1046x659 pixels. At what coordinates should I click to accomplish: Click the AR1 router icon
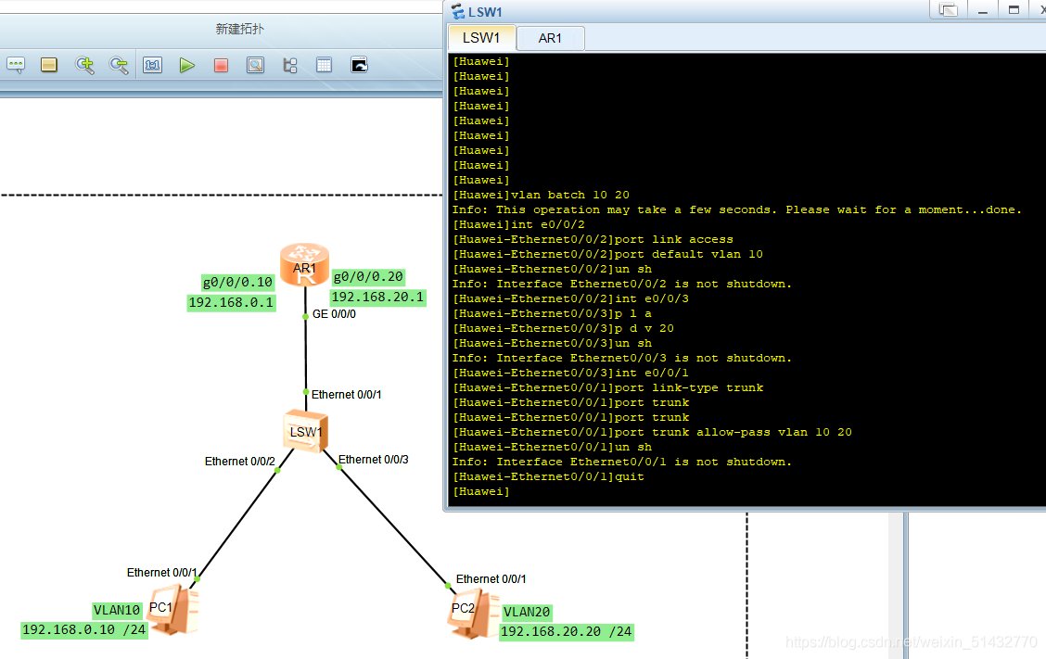point(305,265)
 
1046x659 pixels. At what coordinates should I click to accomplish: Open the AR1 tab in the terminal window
point(550,38)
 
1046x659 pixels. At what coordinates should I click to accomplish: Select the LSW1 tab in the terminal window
point(481,38)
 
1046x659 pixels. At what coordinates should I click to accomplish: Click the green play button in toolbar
point(187,65)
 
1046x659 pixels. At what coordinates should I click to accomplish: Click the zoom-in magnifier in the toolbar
point(85,65)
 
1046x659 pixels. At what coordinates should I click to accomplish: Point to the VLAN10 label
point(118,610)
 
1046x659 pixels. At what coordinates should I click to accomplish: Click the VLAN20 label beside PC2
point(528,612)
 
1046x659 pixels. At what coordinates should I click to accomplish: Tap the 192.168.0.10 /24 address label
point(84,630)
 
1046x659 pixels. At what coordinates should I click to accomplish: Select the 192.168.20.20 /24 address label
point(566,632)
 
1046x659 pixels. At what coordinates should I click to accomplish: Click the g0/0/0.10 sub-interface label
point(237,283)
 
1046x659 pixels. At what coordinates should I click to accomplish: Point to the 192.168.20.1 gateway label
point(377,298)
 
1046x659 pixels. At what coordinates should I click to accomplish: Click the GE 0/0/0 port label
point(334,314)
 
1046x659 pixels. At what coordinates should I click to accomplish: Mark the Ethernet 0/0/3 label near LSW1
point(373,460)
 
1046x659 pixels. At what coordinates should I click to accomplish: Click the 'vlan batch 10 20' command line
point(541,195)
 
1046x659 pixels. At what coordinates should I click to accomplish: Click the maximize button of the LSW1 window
point(1014,9)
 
